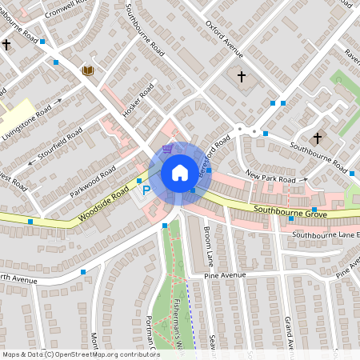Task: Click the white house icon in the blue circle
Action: (x=180, y=173)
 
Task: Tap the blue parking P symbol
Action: (x=146, y=190)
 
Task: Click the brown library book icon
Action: (x=88, y=72)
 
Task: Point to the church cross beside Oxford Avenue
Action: (x=242, y=78)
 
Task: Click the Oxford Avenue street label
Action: (x=223, y=39)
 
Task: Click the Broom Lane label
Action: (x=209, y=245)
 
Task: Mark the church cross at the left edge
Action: (x=6, y=46)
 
